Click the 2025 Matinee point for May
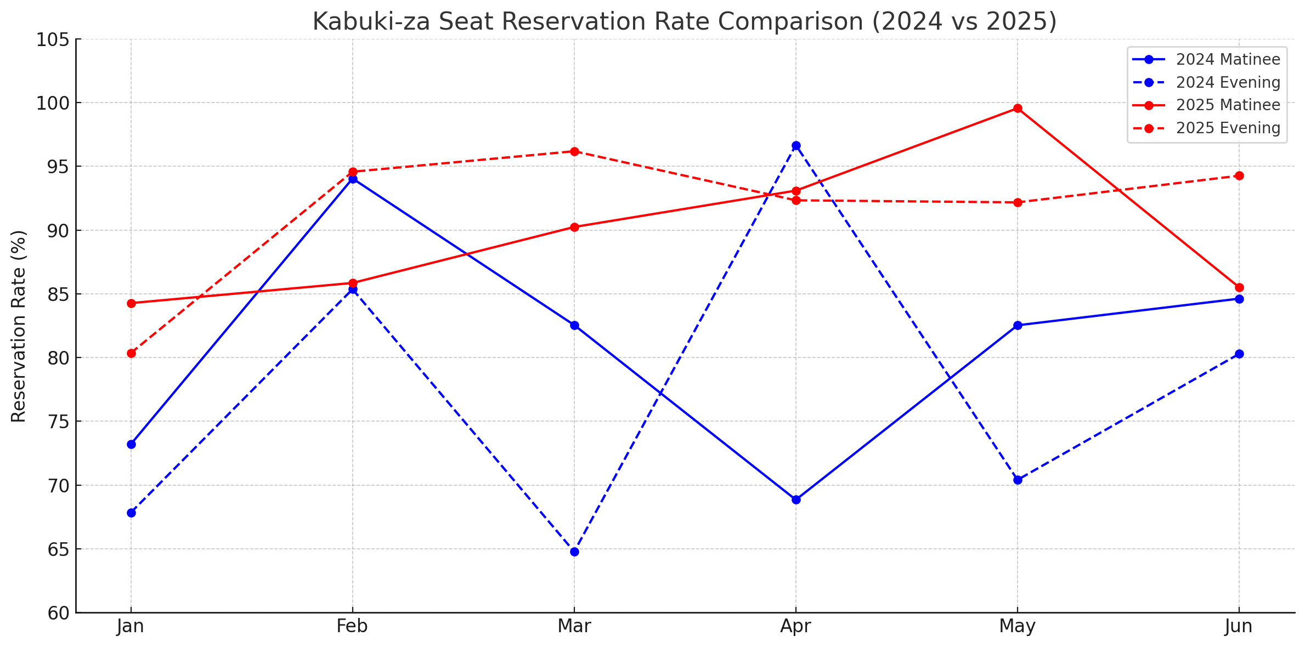click(1018, 109)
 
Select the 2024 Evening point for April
click(796, 145)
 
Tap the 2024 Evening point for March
click(574, 552)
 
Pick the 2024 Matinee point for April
click(796, 500)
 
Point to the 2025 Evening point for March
click(574, 151)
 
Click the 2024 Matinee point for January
click(131, 444)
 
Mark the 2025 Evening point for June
click(1239, 175)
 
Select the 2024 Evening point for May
click(1018, 480)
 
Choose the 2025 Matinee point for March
click(574, 227)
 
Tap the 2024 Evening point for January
click(131, 513)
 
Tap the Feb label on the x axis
click(352, 626)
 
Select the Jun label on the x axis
click(1239, 626)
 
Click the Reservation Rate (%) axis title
click(19, 326)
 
